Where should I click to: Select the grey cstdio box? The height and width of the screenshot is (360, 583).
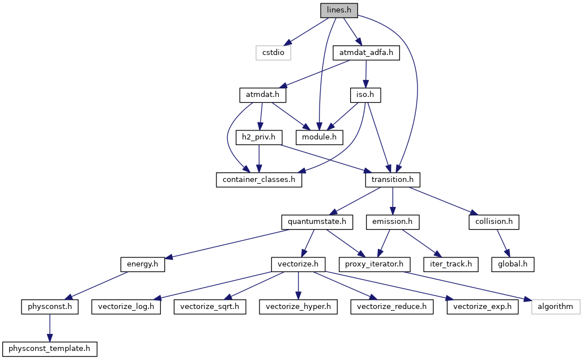click(x=273, y=53)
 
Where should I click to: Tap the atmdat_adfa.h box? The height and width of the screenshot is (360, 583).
click(x=366, y=53)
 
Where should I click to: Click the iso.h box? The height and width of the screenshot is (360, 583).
click(x=365, y=95)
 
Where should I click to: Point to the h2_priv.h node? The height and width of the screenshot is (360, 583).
click(x=259, y=137)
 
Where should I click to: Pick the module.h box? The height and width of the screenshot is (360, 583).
click(x=319, y=137)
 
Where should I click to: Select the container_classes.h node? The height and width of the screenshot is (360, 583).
click(x=259, y=179)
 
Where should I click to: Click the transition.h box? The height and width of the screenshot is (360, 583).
click(x=393, y=179)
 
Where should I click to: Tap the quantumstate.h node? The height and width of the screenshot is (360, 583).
click(x=317, y=222)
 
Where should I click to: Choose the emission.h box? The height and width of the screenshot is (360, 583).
click(x=393, y=222)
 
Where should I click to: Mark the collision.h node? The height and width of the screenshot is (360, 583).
click(x=494, y=222)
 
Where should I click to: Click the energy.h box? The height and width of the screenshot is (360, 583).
click(x=142, y=264)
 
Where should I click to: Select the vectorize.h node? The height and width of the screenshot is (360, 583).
click(x=298, y=264)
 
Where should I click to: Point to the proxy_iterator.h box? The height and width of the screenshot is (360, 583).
click(x=374, y=264)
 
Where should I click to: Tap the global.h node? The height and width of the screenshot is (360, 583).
click(x=513, y=264)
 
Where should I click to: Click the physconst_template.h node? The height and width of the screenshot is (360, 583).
click(x=50, y=349)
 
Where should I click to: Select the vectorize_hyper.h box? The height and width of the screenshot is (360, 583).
click(x=298, y=307)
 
